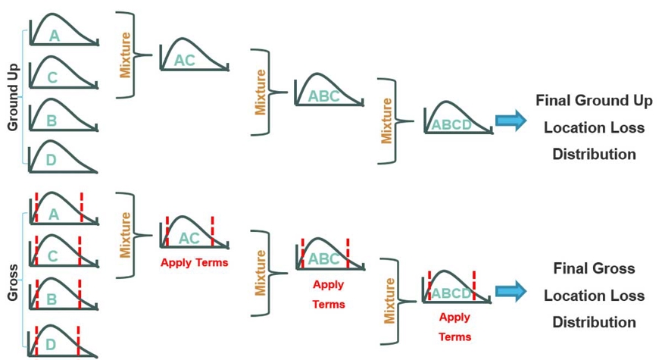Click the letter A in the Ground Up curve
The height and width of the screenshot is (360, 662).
tap(54, 36)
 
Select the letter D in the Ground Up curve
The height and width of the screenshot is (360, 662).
tap(51, 161)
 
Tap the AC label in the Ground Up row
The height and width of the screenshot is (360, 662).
tap(184, 61)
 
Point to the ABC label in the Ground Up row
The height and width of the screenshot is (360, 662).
tap(324, 96)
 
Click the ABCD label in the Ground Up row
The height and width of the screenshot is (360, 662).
tap(451, 124)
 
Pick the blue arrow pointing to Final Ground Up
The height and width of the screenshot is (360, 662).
tap(511, 120)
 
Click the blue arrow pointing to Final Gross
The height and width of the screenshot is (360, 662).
tap(511, 290)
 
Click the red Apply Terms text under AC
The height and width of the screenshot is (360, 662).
tap(194, 263)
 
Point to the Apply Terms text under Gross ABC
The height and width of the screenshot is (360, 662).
tap(328, 294)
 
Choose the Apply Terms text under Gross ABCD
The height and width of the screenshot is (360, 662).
tap(454, 327)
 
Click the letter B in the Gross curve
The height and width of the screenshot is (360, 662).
tap(52, 299)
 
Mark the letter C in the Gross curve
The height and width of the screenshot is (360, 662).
tap(52, 256)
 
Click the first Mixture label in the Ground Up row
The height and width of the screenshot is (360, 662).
tap(126, 55)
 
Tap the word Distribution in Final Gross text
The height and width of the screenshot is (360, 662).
tap(594, 322)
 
